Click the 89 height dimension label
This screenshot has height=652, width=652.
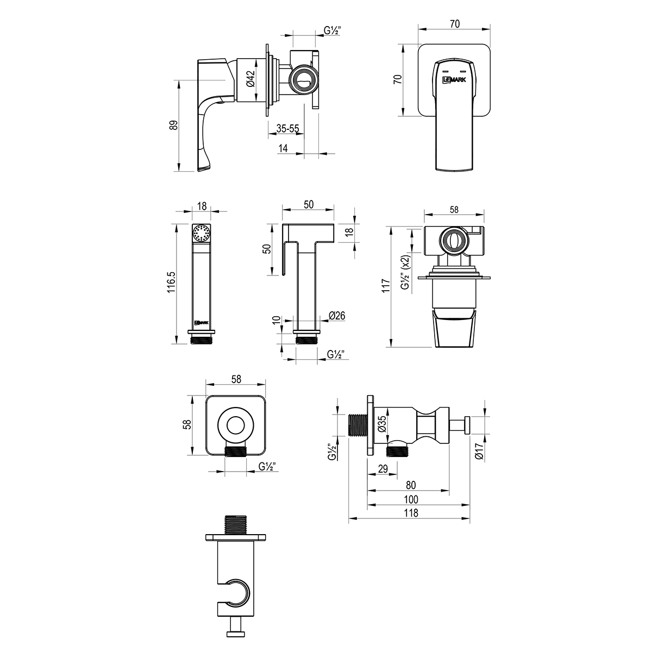(x=173, y=125)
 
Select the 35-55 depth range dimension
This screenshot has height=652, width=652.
(x=287, y=129)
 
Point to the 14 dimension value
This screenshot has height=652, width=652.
(x=283, y=148)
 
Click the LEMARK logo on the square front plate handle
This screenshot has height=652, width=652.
(x=454, y=80)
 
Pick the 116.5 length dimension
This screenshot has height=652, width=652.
(x=172, y=282)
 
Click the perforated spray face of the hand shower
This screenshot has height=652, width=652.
(x=202, y=233)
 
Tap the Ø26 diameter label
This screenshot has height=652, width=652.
(x=337, y=316)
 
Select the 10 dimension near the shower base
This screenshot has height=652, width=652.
(x=277, y=319)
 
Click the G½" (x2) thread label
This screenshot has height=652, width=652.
(x=406, y=272)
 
